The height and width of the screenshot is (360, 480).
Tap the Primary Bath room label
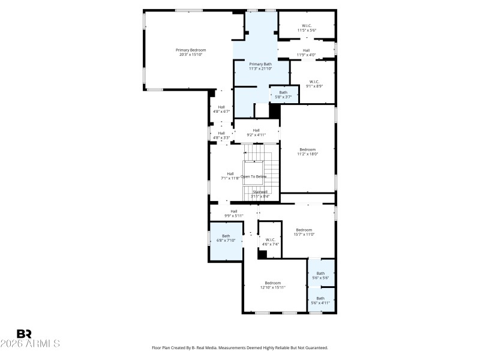click(x=260, y=66)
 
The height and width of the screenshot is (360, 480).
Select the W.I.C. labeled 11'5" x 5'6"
click(x=306, y=28)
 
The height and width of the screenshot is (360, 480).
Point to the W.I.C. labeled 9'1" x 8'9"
click(x=314, y=83)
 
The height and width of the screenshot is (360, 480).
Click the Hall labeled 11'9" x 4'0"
click(x=306, y=53)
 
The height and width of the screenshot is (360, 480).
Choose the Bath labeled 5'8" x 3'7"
click(x=283, y=94)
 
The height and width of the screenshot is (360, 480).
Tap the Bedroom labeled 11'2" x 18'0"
click(x=307, y=151)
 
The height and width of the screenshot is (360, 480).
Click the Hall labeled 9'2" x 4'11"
click(x=256, y=133)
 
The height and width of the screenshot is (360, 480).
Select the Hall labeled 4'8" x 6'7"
click(x=221, y=109)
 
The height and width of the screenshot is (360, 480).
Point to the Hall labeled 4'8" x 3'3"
click(x=221, y=135)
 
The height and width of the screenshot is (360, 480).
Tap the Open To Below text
click(x=253, y=176)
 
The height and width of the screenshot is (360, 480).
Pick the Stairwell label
click(x=260, y=194)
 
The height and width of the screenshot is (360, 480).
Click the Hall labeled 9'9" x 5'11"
click(x=234, y=213)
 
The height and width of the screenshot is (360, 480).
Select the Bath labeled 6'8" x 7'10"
click(x=226, y=238)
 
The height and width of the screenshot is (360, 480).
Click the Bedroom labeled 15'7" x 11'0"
click(x=304, y=232)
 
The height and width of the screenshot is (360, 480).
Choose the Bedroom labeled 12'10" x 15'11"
click(x=273, y=285)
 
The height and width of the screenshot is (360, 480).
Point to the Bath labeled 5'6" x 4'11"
click(x=320, y=300)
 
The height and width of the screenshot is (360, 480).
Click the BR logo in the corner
click(x=24, y=334)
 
